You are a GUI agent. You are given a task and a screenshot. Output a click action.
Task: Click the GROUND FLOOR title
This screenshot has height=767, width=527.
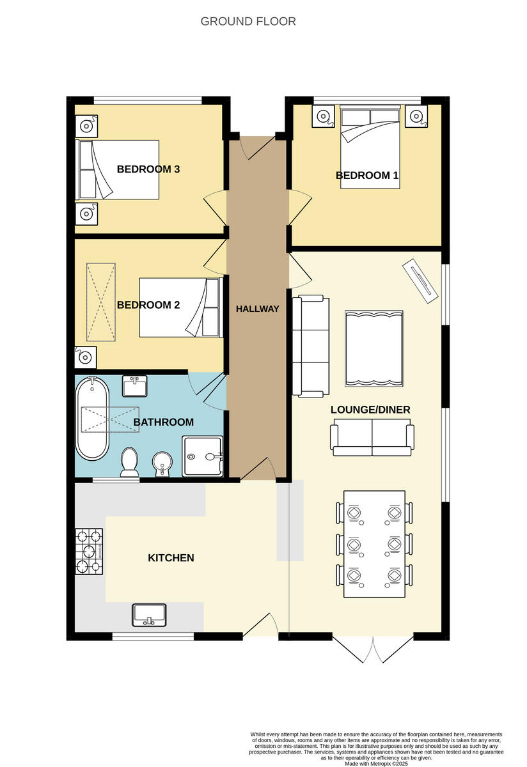pyautogui.click(x=248, y=21)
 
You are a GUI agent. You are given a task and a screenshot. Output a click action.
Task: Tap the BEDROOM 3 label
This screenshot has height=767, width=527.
pyautogui.click(x=148, y=169)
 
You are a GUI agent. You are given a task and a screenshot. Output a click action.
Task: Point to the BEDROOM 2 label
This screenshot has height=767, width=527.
pyautogui.click(x=148, y=305)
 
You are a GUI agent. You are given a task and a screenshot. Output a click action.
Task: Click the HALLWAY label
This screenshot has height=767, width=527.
pyautogui.click(x=257, y=309)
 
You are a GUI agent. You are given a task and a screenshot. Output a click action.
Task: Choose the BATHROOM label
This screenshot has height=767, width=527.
pyautogui.click(x=163, y=422)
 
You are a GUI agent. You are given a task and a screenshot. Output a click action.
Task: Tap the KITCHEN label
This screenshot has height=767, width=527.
pyautogui.click(x=171, y=558)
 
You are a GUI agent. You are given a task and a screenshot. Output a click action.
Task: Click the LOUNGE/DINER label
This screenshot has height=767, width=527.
pyautogui.click(x=370, y=410)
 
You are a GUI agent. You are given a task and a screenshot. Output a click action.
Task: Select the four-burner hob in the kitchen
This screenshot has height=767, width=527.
pyautogui.click(x=90, y=550)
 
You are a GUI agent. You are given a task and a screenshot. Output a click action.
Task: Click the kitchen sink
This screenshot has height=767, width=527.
pyautogui.click(x=150, y=615)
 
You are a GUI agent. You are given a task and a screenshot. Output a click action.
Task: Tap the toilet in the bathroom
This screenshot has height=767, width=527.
pyautogui.click(x=130, y=461)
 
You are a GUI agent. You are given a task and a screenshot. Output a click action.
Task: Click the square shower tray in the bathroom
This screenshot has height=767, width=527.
pyautogui.click(x=203, y=456)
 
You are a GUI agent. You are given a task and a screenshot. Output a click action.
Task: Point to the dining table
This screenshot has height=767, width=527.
pyautogui.click(x=374, y=543)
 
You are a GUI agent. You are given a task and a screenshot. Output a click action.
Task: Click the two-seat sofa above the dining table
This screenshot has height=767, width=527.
pyautogui.click(x=371, y=440)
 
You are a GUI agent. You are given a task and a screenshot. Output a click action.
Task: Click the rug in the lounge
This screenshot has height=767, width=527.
pyautogui.click(x=374, y=349)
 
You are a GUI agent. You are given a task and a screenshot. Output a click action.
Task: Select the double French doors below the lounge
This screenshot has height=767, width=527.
pyautogui.click(x=373, y=648)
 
